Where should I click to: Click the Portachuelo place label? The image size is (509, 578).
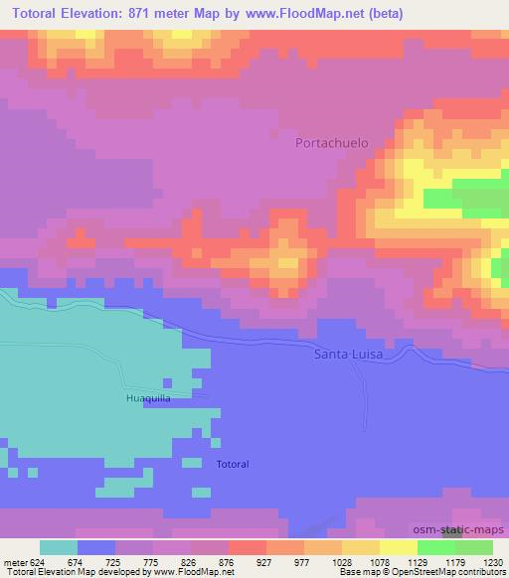coord(332,143)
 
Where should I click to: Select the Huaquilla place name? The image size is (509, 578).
coord(149,398)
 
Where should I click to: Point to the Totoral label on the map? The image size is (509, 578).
coord(233,464)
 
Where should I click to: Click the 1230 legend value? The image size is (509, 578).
coord(493,560)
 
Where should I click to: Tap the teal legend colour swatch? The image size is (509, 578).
coord(59,547)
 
